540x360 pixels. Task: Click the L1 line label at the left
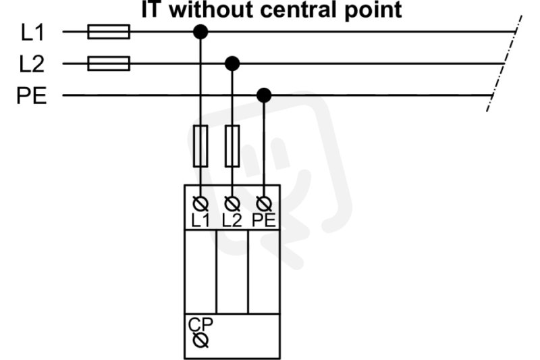click(32, 33)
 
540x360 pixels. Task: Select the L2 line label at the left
click(32, 64)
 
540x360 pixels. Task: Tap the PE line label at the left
click(31, 96)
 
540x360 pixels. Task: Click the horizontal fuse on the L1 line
click(109, 32)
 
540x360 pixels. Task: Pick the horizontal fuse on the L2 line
click(109, 63)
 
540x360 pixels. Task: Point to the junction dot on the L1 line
click(200, 32)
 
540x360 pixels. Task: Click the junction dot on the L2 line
click(232, 63)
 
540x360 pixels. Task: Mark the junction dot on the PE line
click(264, 95)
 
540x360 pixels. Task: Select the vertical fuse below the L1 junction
click(200, 146)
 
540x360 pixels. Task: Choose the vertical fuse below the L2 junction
click(232, 146)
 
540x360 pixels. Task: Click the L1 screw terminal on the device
click(200, 204)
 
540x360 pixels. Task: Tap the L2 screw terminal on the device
click(232, 204)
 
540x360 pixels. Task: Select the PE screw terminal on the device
click(264, 204)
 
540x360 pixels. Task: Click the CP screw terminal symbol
click(200, 340)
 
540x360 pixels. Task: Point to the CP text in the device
click(200, 324)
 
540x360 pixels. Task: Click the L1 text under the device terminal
click(200, 220)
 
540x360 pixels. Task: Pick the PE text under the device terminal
click(264, 220)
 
